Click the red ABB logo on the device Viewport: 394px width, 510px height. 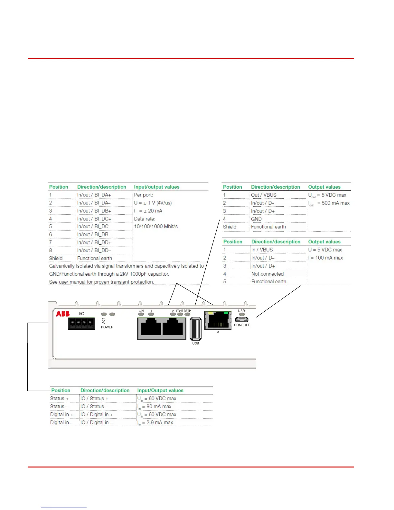pyautogui.click(x=63, y=314)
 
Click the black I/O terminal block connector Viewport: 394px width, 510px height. pyautogui.click(x=81, y=323)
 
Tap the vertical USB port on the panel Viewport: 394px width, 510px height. pyautogui.click(x=195, y=328)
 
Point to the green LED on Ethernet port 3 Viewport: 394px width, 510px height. pyautogui.click(x=226, y=313)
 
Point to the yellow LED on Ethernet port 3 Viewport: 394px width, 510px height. pyautogui.click(x=211, y=313)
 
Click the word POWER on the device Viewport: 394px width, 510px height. pyautogui.click(x=107, y=327)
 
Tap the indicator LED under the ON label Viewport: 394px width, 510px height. pyautogui.click(x=141, y=314)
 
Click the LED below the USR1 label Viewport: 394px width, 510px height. pyautogui.click(x=242, y=315)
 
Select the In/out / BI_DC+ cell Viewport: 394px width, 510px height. pyautogui.click(x=94, y=219)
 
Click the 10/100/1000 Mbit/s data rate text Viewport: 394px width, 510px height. pyautogui.click(x=156, y=226)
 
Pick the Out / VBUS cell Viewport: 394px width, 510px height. pyautogui.click(x=264, y=195)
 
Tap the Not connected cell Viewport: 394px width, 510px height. pyautogui.click(x=267, y=274)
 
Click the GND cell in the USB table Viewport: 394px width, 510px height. pyautogui.click(x=256, y=219)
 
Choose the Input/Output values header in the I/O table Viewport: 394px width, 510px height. pyautogui.click(x=160, y=391)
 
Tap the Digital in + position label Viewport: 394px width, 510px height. pyautogui.click(x=62, y=414)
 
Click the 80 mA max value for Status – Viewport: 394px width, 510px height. pyautogui.click(x=159, y=406)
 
